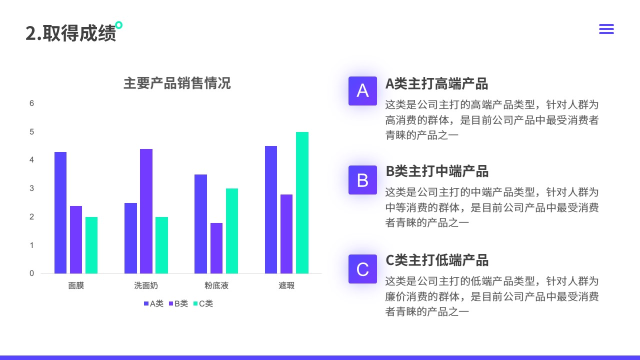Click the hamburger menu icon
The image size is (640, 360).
click(x=606, y=29)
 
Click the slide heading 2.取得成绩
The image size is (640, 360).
click(x=71, y=33)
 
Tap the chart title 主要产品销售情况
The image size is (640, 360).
click(x=177, y=83)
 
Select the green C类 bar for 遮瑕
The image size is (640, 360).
click(x=302, y=202)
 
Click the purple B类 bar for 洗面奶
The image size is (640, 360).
click(x=146, y=211)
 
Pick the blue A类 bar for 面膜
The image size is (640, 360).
click(x=60, y=212)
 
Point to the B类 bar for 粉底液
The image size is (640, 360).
click(x=216, y=248)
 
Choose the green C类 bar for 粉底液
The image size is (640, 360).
click(x=231, y=231)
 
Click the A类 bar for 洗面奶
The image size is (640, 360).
click(x=130, y=238)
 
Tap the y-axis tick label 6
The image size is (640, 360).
click(x=31, y=103)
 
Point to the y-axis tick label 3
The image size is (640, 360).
click(x=31, y=188)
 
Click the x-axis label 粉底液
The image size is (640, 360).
click(x=216, y=285)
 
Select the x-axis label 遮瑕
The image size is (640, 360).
click(x=286, y=285)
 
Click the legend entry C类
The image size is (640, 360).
click(x=203, y=303)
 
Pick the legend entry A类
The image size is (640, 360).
click(x=153, y=303)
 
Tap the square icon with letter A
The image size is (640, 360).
click(x=362, y=91)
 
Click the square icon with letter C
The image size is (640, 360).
click(x=362, y=269)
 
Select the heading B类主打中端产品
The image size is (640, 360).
click(x=437, y=171)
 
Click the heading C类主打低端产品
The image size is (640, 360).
click(x=437, y=260)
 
